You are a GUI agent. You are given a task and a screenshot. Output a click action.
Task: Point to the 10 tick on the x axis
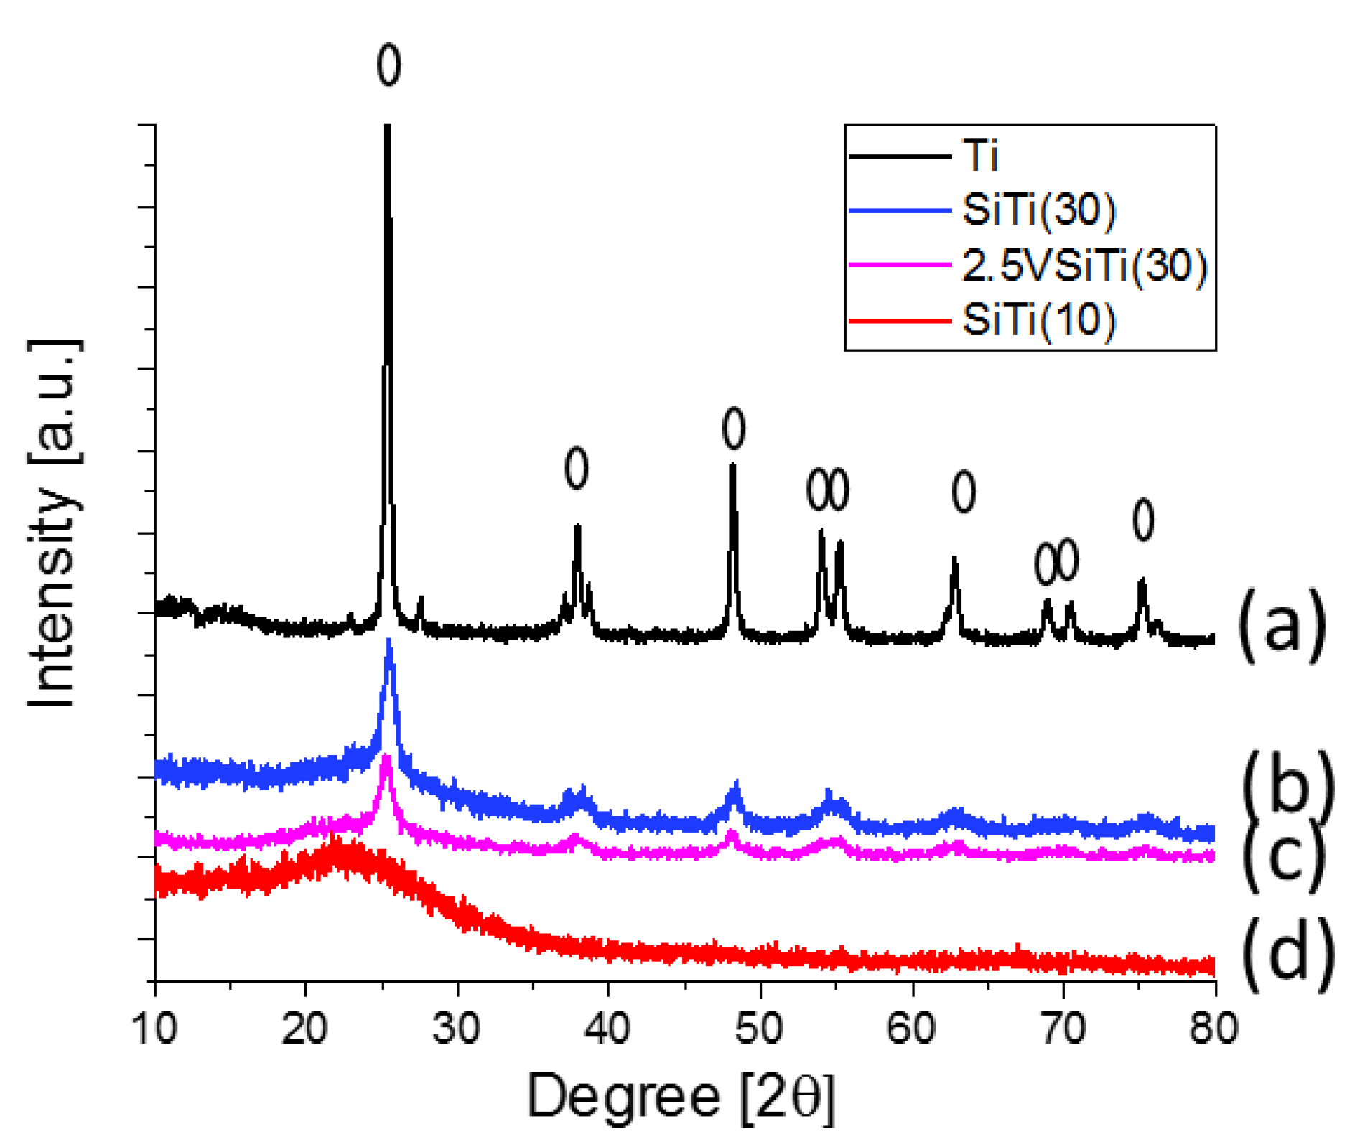tap(154, 1028)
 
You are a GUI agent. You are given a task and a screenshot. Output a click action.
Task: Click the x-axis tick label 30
tap(456, 1028)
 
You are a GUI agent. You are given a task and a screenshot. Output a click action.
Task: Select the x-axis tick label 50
tap(759, 1028)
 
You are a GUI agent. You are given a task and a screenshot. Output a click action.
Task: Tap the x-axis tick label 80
tap(1214, 1028)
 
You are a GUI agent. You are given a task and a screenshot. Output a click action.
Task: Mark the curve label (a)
tap(1282, 624)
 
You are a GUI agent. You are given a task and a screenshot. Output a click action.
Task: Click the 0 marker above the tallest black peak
tap(388, 65)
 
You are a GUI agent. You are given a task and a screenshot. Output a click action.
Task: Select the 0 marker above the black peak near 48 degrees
tap(733, 429)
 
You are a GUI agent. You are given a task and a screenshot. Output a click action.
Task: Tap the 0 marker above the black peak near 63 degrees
tap(964, 492)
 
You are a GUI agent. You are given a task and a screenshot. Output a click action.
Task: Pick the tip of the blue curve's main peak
tap(389, 641)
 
